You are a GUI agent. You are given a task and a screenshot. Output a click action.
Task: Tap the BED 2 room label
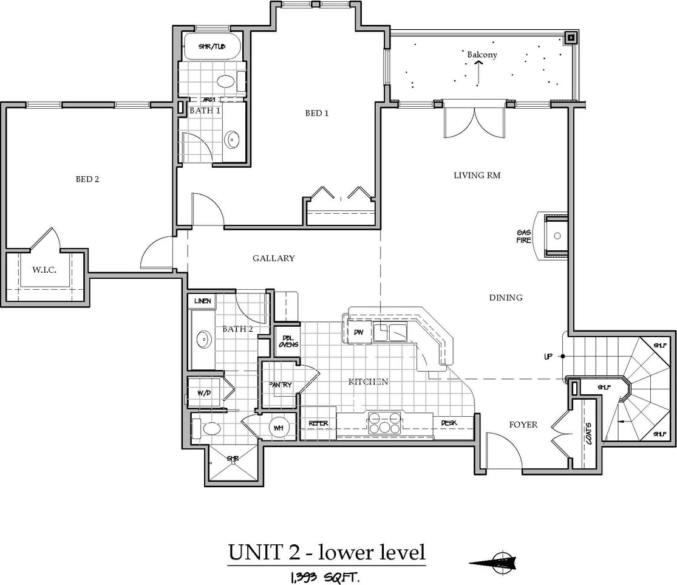click(87, 179)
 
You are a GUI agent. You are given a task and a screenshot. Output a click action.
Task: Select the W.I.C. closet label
click(45, 269)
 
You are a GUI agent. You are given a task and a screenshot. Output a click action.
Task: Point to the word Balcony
click(482, 55)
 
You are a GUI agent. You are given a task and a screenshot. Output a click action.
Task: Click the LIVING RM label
click(477, 176)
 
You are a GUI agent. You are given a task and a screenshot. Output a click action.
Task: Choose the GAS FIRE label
click(523, 236)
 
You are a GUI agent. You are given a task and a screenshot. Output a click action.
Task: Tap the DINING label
click(506, 298)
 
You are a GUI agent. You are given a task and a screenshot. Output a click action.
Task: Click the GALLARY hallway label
click(273, 258)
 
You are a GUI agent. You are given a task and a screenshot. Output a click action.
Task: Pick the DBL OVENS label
click(288, 341)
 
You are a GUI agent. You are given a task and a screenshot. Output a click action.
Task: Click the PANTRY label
click(280, 385)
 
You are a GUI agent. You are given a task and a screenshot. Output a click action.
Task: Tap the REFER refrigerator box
click(318, 423)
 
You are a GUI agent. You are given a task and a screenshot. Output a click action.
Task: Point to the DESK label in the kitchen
click(449, 423)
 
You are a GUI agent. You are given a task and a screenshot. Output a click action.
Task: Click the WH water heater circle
click(279, 428)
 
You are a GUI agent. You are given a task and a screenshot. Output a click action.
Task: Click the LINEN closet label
click(203, 301)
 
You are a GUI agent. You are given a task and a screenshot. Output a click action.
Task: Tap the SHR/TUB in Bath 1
click(212, 46)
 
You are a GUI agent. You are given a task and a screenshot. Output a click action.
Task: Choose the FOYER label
click(523, 425)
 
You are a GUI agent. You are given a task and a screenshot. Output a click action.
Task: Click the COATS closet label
click(588, 433)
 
